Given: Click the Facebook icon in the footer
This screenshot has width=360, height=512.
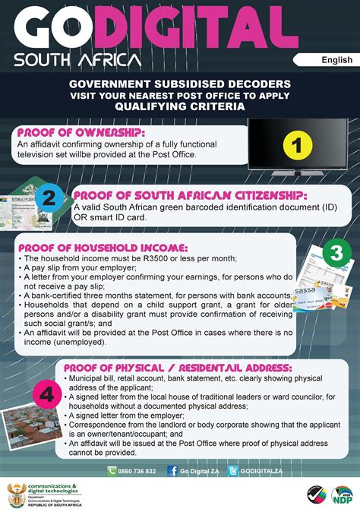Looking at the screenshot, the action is pos(172,471).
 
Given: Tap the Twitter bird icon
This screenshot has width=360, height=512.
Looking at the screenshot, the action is pos(232,471).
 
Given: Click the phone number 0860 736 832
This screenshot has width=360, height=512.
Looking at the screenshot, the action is pos(137,471).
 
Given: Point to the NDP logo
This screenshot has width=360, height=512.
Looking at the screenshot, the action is pos(341,495).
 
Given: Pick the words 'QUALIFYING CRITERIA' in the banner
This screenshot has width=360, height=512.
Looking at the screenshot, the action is pos(180,107).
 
